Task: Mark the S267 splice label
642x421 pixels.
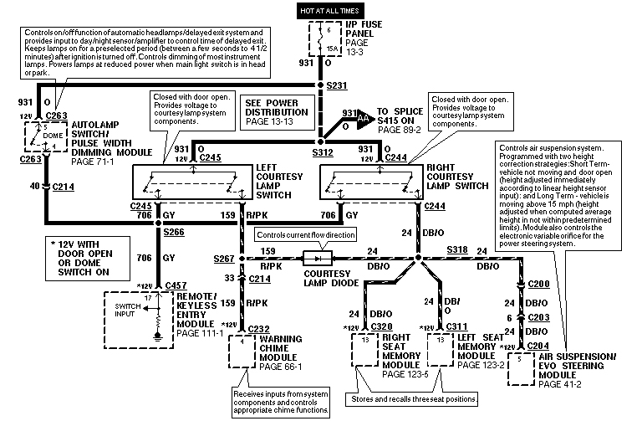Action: click(x=222, y=259)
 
